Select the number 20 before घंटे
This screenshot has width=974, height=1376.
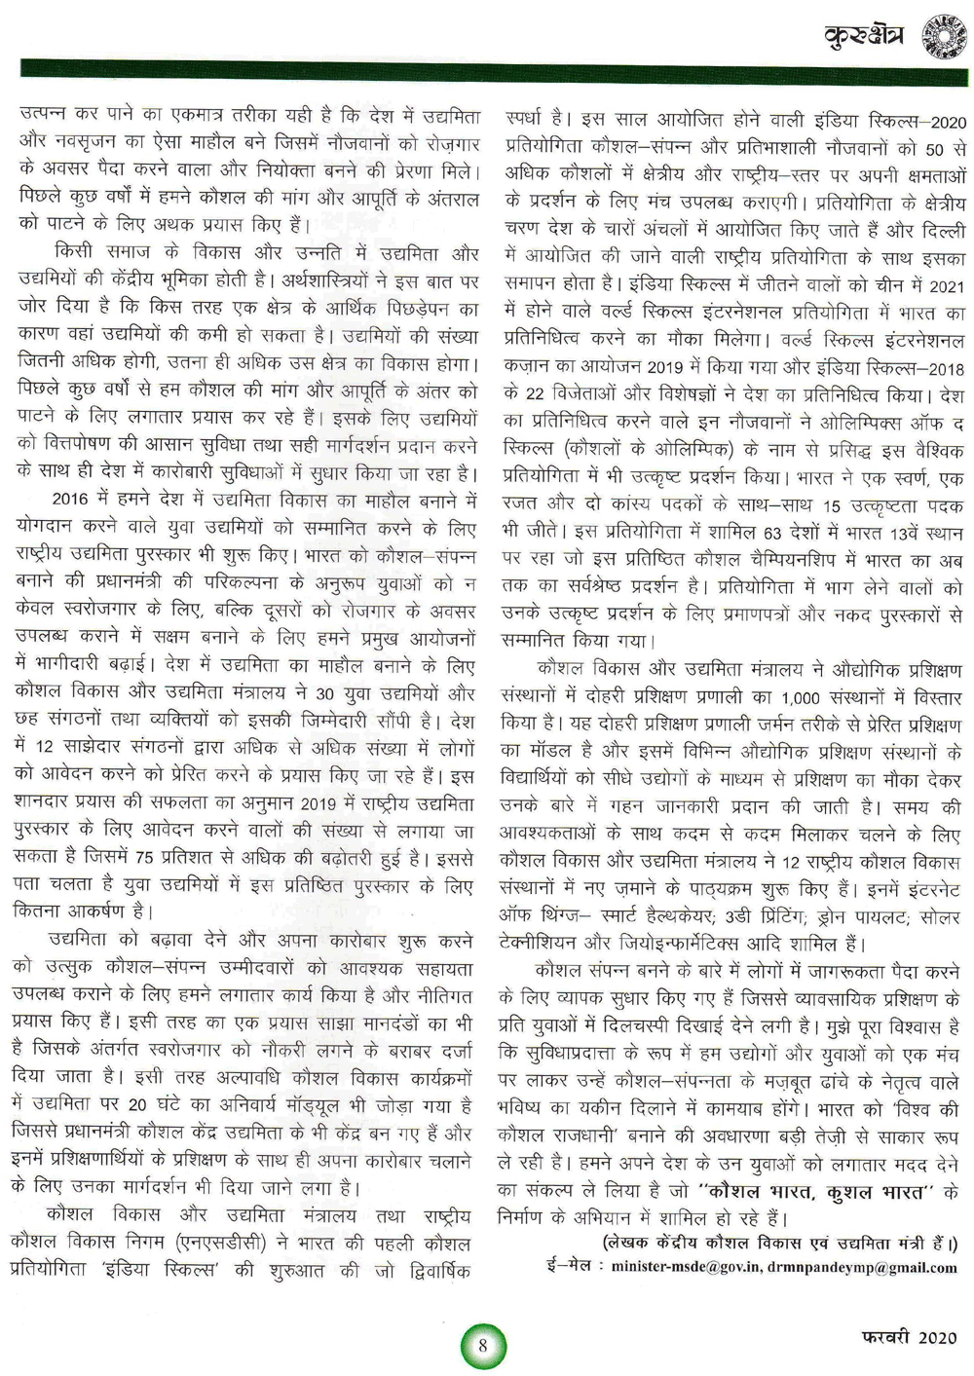(x=139, y=1105)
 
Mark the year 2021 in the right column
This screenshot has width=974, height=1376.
(x=945, y=286)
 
